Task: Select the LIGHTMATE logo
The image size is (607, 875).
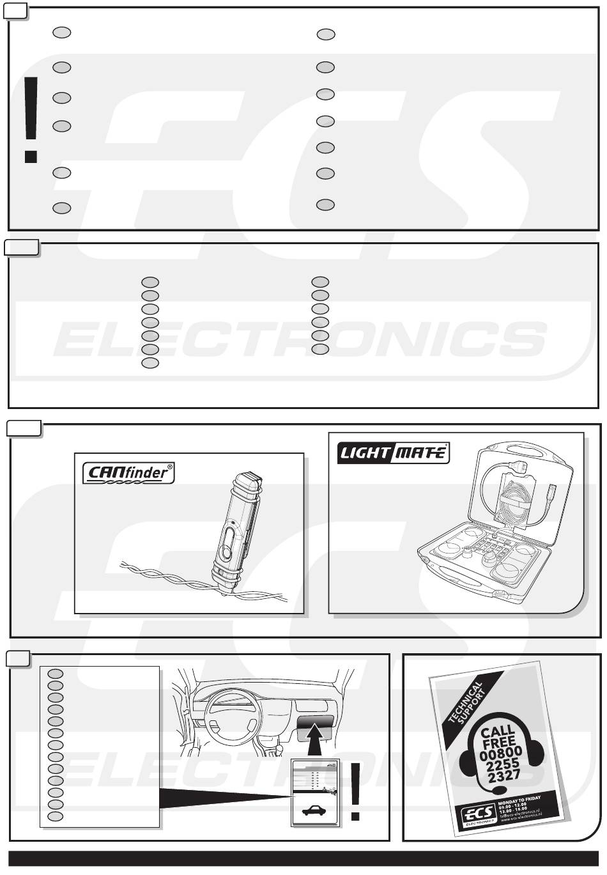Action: pos(393,453)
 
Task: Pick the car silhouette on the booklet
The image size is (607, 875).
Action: pos(313,810)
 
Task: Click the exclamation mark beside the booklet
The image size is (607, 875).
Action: pos(357,791)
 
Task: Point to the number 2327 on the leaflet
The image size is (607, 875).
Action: pos(502,776)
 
